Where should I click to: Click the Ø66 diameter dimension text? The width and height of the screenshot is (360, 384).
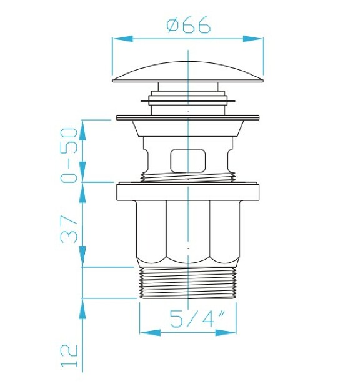(x=189, y=26)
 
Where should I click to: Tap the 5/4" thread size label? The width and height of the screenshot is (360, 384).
(x=188, y=319)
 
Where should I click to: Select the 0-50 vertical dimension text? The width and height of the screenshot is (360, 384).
(x=70, y=154)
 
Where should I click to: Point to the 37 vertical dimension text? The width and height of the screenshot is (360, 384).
(x=70, y=229)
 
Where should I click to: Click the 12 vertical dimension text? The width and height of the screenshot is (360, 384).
(x=70, y=354)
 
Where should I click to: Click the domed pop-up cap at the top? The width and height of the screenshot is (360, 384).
(x=188, y=70)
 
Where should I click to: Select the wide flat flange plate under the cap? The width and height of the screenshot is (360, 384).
(x=188, y=117)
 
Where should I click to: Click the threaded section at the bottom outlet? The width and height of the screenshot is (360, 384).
(x=188, y=283)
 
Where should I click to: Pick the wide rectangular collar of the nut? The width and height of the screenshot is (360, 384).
(x=188, y=192)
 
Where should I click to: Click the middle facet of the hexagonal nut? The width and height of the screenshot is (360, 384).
(x=188, y=231)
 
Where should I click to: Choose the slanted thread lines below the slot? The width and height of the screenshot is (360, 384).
(x=188, y=177)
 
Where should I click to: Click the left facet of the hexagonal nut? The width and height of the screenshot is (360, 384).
(x=151, y=231)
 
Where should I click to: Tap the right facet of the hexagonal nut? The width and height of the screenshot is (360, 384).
(x=225, y=231)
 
